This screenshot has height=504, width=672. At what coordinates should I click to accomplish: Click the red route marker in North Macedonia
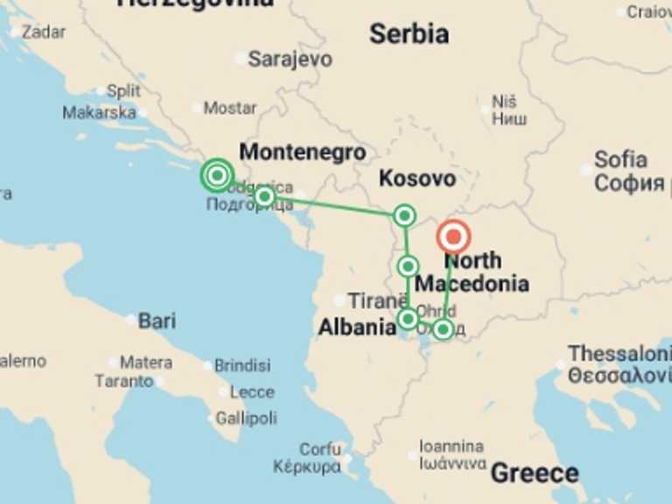(x=453, y=237)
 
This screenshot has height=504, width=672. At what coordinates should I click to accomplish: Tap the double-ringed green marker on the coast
(x=217, y=175)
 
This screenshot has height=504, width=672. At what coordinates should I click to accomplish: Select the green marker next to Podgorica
(x=264, y=196)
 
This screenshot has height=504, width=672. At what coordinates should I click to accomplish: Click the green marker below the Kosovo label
(x=404, y=215)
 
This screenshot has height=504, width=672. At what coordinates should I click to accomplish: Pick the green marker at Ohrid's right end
(x=443, y=329)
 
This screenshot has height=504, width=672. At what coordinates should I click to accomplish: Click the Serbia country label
(x=409, y=35)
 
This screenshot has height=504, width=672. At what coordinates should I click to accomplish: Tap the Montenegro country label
(x=302, y=151)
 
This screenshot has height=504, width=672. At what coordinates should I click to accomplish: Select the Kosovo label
(x=416, y=178)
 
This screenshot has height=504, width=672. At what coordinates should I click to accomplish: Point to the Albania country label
(x=357, y=327)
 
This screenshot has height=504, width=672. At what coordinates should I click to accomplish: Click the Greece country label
(x=534, y=473)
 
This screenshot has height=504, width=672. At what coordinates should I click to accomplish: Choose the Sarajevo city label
(x=290, y=59)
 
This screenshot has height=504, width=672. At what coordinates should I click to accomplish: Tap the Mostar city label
(x=230, y=108)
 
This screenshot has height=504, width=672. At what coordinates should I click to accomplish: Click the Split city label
(x=123, y=91)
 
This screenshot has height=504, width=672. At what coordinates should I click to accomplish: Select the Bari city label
(x=157, y=321)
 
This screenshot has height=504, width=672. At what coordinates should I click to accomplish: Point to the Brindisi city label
(x=242, y=366)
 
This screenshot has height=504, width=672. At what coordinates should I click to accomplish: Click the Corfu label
(x=320, y=450)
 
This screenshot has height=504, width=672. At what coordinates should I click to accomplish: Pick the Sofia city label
(x=620, y=160)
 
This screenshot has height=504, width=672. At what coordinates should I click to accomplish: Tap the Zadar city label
(x=44, y=32)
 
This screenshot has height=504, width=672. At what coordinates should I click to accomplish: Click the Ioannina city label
(x=451, y=446)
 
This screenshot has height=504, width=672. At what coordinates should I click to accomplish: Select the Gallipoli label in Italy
(x=246, y=418)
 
